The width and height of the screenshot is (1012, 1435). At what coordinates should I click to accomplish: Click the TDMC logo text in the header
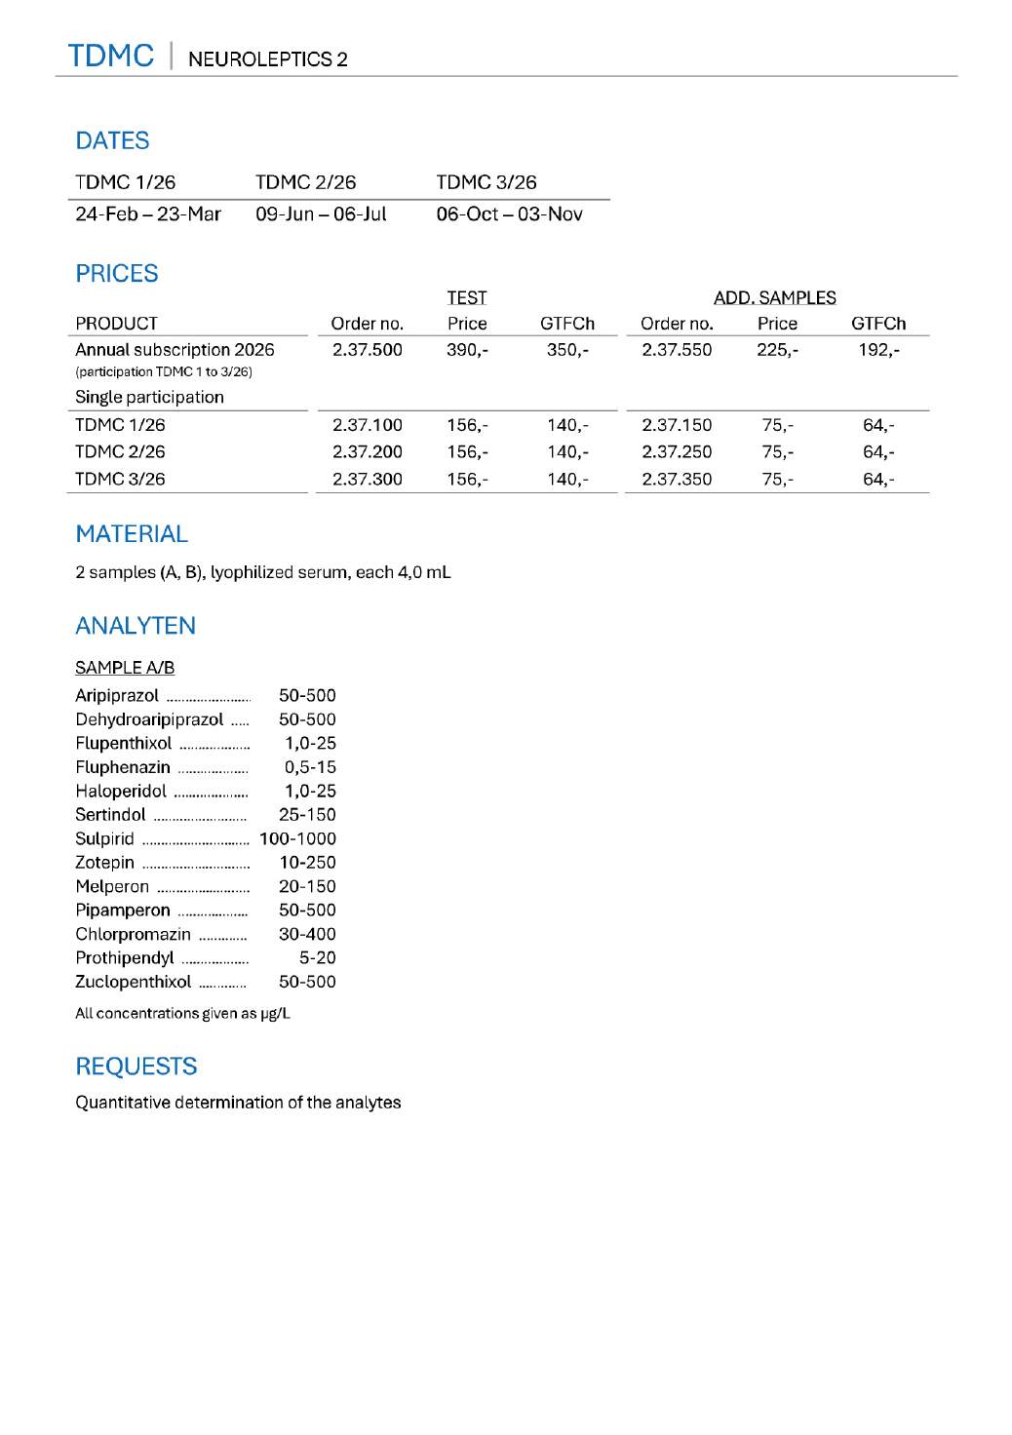[x=110, y=56]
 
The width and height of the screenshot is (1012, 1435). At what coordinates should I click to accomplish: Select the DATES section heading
[x=112, y=141]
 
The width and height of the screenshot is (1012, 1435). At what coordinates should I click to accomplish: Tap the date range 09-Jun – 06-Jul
[x=321, y=214]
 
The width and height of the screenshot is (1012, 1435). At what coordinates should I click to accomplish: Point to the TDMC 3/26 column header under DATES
[x=486, y=182]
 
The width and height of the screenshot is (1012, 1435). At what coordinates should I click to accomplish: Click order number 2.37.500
[x=367, y=350]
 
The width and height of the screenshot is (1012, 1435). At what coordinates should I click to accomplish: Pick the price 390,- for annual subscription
[x=467, y=350]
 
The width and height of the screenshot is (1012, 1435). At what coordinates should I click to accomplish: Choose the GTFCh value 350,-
[x=566, y=350]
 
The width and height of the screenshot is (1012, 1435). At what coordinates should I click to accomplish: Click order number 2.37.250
[x=677, y=452]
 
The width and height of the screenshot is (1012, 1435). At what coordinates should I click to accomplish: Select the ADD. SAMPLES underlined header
[x=774, y=298]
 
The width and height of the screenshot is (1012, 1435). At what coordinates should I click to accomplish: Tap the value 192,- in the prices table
[x=878, y=350]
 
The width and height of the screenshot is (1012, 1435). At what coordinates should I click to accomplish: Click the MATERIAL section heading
[x=132, y=534]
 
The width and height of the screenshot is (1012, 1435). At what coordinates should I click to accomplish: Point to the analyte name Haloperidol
[x=121, y=791]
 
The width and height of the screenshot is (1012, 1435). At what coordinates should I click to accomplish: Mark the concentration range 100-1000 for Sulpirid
[x=297, y=838]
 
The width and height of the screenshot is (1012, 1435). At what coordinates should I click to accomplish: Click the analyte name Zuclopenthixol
[x=134, y=982]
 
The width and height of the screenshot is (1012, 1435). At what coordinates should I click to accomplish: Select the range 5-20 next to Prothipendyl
[x=317, y=957]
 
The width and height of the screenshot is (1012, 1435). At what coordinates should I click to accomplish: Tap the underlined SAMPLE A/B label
[x=125, y=668]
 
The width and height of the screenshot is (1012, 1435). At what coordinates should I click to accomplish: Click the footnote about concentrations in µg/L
[x=182, y=1013]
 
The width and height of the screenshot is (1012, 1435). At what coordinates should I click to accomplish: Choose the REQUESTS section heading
[x=136, y=1067]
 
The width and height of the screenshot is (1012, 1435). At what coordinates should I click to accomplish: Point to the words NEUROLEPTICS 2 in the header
[x=267, y=59]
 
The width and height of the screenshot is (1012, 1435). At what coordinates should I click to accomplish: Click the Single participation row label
[x=149, y=397]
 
